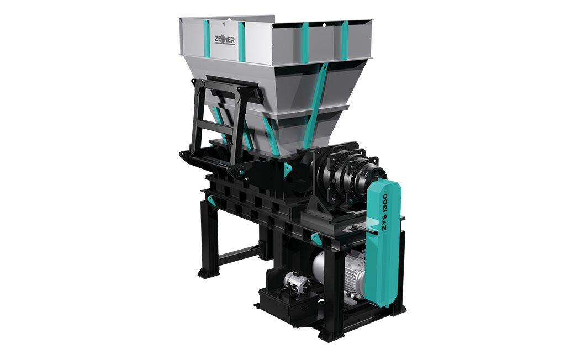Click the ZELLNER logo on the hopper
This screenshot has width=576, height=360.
pos(224,40)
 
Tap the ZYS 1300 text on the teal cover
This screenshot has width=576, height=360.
pos(384,212)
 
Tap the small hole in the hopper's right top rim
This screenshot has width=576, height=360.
pos(324,25)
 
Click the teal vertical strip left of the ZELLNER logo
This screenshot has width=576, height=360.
pos(207,39)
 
